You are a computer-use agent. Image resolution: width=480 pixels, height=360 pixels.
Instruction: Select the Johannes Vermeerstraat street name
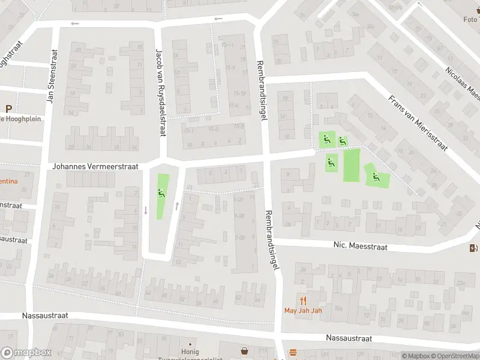pos(95,166)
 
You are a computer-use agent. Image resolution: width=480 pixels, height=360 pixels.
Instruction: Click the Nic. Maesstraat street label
pos(360,246)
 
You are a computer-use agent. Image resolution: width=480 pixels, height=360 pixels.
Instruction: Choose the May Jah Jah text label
pos(303,311)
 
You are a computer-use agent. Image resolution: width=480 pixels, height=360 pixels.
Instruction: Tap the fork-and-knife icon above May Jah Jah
pos(303,301)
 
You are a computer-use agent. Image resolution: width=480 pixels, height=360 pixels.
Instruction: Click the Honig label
pos(190,352)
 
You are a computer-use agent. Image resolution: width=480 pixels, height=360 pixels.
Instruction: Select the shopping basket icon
pos(245,351)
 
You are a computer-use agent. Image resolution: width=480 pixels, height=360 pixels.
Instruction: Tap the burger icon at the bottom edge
pos(293,352)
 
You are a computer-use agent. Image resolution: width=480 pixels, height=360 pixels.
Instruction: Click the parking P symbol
pos(8,109)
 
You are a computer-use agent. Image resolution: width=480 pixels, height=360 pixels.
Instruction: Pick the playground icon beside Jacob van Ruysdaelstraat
pos(160,193)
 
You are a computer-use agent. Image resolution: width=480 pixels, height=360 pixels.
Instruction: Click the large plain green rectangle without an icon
pos(351,166)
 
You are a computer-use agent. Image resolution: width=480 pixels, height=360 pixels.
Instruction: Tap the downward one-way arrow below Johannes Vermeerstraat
pos(145,210)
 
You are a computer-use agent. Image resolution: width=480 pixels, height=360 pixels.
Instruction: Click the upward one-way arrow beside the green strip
pos(176,206)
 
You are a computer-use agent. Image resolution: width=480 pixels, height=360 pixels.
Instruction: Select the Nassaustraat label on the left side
pos(45,315)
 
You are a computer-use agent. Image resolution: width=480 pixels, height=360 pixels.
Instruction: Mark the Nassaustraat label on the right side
pos(349,338)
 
